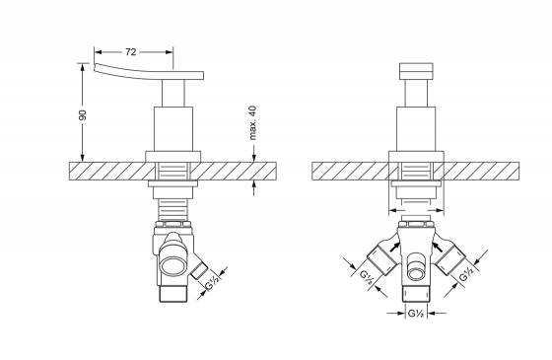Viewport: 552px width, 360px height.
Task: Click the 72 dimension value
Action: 130,52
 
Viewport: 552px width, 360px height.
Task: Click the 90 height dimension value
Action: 83,114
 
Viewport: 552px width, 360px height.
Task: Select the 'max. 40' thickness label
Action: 252,122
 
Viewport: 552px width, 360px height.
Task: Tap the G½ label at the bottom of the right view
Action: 416,313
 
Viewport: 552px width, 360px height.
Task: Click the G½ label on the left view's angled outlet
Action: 212,282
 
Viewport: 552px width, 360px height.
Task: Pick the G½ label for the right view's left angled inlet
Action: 367,277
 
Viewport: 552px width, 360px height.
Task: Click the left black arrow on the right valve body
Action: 394,247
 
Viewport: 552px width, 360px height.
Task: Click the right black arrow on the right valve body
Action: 438,247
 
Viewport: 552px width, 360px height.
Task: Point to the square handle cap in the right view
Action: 416,71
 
